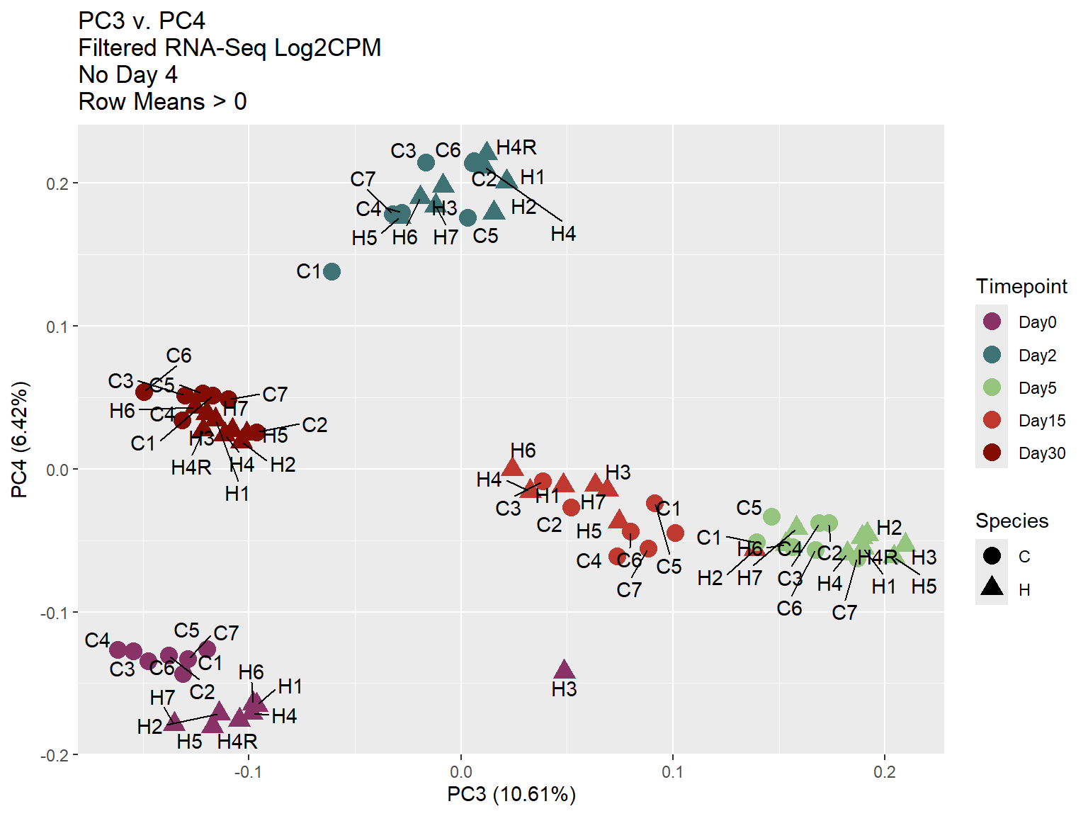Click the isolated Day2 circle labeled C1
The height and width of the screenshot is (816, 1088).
pyautogui.click(x=331, y=271)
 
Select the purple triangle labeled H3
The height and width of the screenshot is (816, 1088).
pyautogui.click(x=564, y=670)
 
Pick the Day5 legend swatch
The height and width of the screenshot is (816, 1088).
pyautogui.click(x=992, y=387)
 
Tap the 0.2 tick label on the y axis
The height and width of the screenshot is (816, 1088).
pyautogui.click(x=57, y=183)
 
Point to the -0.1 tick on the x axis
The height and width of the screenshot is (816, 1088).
pyautogui.click(x=248, y=772)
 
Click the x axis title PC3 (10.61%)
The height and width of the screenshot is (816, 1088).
pyautogui.click(x=511, y=794)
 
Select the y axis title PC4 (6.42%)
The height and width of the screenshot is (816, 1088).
pyautogui.click(x=20, y=439)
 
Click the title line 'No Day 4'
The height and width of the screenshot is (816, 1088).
pyautogui.click(x=128, y=75)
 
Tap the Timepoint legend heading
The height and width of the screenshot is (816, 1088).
pyautogui.click(x=1021, y=286)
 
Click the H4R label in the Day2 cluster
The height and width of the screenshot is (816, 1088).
pyautogui.click(x=516, y=147)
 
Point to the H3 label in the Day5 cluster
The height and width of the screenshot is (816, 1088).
pyautogui.click(x=924, y=557)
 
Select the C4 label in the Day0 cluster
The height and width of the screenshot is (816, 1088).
pyautogui.click(x=97, y=640)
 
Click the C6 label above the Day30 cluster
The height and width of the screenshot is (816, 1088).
pyautogui.click(x=178, y=356)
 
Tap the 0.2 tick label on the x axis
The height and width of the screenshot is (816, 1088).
pyautogui.click(x=884, y=772)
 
